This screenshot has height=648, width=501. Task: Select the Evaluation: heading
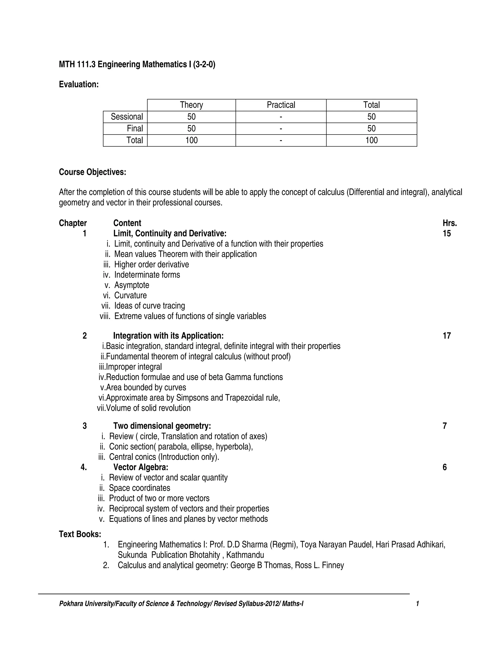(x=79, y=85)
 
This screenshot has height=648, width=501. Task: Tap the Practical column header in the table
(x=281, y=105)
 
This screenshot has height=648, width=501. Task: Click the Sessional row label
(x=127, y=117)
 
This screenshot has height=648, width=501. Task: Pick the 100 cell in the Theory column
(x=192, y=140)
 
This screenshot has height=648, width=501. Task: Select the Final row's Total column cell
(x=371, y=128)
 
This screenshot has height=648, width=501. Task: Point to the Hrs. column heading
(x=450, y=223)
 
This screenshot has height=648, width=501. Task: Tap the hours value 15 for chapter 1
(x=447, y=234)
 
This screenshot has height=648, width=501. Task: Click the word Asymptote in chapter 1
(x=132, y=285)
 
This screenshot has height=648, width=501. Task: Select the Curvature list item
(x=130, y=296)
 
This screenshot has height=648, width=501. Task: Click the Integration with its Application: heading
(x=168, y=336)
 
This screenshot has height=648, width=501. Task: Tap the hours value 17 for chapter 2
(x=447, y=336)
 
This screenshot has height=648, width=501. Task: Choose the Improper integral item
(x=134, y=367)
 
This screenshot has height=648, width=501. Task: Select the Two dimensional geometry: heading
(x=162, y=426)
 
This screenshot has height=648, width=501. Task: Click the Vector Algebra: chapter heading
(x=141, y=467)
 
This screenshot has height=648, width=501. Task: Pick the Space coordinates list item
(x=139, y=488)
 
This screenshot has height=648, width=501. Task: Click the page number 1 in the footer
(x=417, y=603)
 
